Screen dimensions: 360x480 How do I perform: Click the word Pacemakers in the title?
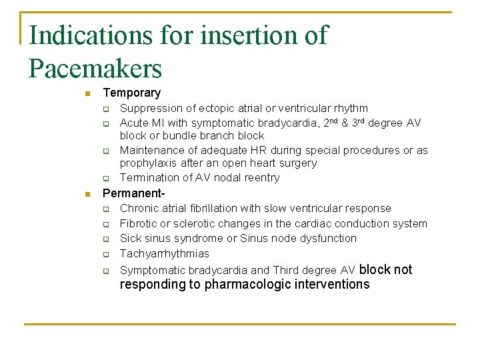coord(95,69)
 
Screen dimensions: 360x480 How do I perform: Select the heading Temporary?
coord(131,93)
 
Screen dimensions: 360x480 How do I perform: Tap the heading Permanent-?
coord(133,193)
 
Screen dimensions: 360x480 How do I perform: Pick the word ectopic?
coord(213,108)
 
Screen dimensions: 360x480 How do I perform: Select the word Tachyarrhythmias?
coord(164,253)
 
